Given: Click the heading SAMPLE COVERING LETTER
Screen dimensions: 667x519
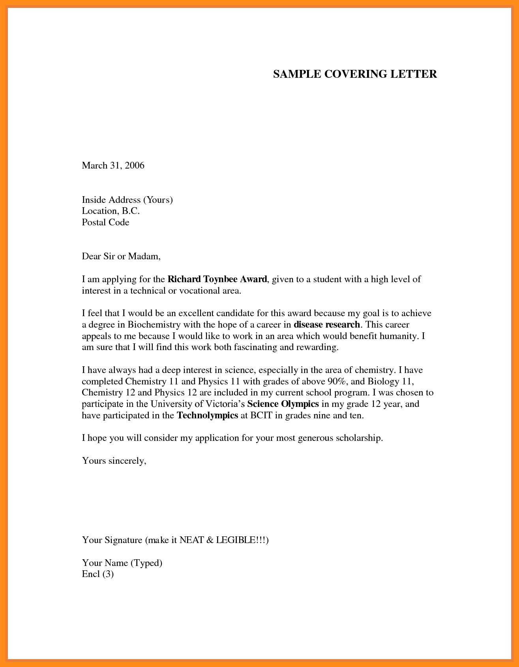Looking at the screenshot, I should tap(355, 74).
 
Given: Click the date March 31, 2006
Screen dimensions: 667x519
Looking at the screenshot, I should tap(113, 165).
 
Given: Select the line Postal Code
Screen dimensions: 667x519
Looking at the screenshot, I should tap(105, 222).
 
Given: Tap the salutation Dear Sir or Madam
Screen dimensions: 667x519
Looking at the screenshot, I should tap(121, 257).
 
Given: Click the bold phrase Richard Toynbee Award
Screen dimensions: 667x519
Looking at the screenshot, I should tap(217, 279).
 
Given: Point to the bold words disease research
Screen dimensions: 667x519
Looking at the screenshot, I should tap(327, 325).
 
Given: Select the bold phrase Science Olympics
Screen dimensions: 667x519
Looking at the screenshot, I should tap(283, 404).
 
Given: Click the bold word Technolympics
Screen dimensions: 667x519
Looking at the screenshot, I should tap(207, 416).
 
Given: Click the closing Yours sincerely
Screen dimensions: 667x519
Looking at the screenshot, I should tap(114, 461).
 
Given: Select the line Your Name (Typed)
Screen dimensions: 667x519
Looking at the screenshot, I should tap(122, 563).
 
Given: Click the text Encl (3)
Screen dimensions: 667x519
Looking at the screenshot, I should tap(97, 574).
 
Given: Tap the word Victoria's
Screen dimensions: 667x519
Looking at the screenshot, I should tap(225, 404).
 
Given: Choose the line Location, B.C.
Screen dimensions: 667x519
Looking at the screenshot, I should tap(111, 211).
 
